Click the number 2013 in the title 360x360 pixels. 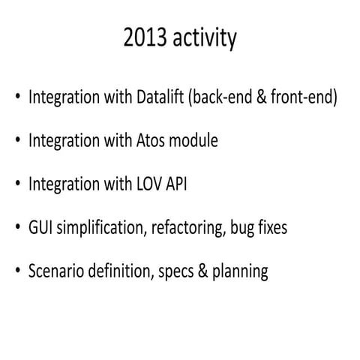[146, 39]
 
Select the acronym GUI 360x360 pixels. [40, 227]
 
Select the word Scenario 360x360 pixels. [55, 270]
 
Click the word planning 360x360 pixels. [239, 270]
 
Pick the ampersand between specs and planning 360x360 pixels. [201, 270]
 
